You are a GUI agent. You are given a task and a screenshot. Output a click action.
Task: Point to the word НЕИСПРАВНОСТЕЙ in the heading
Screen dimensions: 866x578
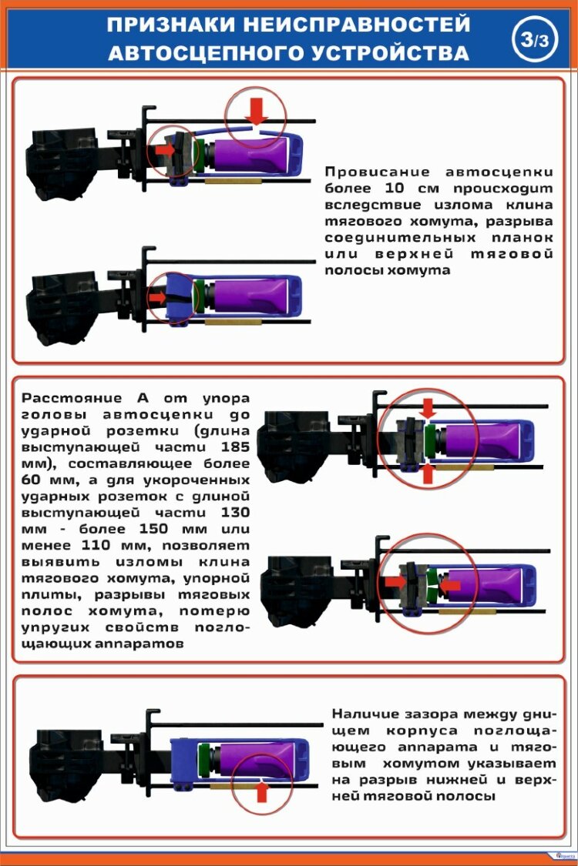coord(355,25)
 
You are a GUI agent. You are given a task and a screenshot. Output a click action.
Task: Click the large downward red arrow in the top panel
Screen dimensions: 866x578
coord(257,113)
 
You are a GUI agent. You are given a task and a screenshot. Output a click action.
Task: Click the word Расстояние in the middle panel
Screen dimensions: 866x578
coord(72,398)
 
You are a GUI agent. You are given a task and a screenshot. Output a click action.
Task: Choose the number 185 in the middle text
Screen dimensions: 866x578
coord(234,447)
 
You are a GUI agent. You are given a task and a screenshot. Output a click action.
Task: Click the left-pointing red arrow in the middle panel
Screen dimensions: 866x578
coord(451,586)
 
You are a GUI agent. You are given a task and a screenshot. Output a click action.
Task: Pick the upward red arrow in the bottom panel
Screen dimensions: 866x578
coord(262,791)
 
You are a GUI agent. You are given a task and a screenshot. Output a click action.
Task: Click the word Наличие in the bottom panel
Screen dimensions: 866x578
coord(365,714)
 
